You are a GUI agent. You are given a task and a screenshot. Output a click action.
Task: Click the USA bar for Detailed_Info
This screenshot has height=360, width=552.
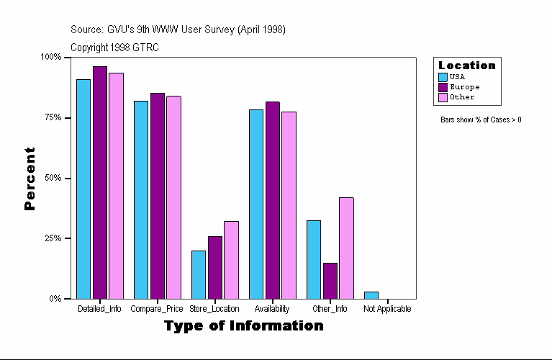[83, 189]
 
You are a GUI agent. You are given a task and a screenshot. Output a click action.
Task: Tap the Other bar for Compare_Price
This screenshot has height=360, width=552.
[173, 197]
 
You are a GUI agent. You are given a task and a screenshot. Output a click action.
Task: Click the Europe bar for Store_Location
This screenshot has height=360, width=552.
[214, 267]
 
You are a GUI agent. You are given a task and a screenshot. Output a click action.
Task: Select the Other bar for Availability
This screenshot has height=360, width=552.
[289, 205]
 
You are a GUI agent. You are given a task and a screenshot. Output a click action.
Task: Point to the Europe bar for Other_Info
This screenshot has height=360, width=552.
[330, 281]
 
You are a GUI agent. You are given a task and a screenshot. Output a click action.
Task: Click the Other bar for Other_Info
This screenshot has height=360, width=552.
[346, 248]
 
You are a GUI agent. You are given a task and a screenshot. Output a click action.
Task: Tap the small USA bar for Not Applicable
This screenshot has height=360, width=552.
[371, 294]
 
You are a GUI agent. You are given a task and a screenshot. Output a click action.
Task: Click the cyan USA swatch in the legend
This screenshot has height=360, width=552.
[443, 77]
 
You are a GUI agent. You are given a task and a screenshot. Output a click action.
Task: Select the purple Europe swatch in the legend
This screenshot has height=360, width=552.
[443, 87]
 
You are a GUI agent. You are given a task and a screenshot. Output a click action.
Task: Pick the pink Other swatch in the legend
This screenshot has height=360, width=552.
[443, 97]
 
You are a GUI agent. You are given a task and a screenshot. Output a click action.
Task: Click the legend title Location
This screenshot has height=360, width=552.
[466, 66]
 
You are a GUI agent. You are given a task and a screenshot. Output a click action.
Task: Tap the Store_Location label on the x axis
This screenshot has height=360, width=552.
[214, 309]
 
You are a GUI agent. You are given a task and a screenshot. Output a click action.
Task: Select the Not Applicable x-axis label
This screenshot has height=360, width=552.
[387, 309]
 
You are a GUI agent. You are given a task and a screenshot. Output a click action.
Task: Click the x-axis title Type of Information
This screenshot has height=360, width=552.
[243, 326]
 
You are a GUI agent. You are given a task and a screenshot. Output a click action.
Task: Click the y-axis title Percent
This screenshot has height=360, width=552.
[30, 178]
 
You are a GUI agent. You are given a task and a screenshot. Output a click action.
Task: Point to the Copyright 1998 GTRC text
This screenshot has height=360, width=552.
[114, 48]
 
